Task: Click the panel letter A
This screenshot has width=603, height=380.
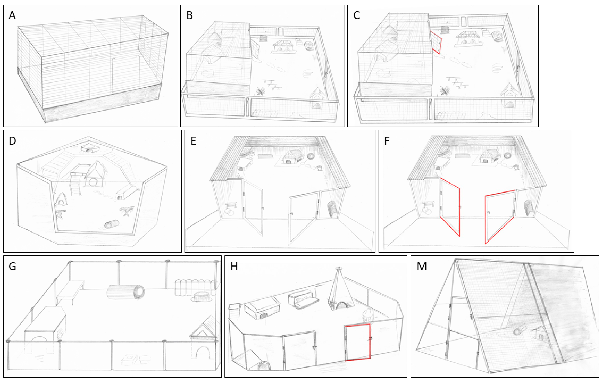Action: (12, 15)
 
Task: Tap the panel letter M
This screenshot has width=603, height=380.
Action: (422, 267)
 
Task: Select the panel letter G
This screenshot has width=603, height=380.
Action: (12, 267)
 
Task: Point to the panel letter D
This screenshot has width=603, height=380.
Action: (12, 141)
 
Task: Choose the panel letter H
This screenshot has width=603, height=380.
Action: (234, 267)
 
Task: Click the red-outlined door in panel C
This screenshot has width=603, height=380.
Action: (436, 43)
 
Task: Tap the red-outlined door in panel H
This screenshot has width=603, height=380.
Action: (358, 342)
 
